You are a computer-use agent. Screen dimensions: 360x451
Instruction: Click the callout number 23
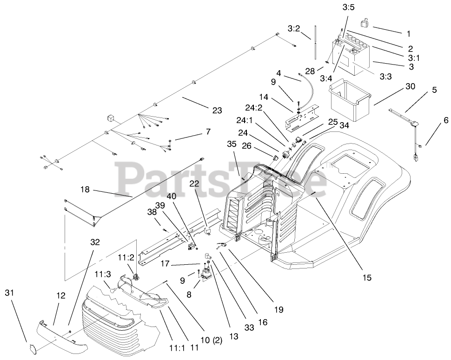pyautogui.click(x=217, y=110)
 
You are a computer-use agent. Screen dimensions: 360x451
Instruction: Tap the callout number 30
pyautogui.click(x=410, y=87)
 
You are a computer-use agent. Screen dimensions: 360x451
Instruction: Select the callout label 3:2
pyautogui.click(x=294, y=28)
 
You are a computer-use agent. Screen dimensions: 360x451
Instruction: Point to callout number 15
pyautogui.click(x=367, y=277)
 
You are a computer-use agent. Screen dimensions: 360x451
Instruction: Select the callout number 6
pyautogui.click(x=445, y=120)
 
